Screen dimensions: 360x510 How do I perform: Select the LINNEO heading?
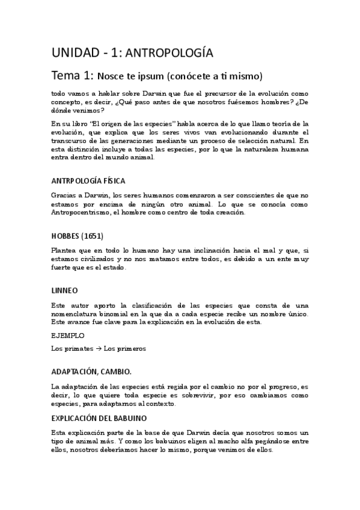coord(64,290)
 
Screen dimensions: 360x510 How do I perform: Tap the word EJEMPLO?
coord(68,335)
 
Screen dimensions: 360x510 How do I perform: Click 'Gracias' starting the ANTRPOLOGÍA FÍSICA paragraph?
coord(65,195)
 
